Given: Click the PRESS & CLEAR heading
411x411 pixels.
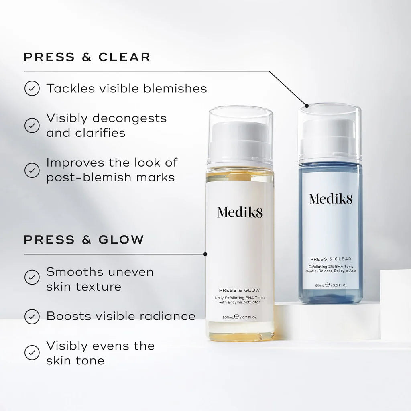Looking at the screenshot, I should click(87, 57).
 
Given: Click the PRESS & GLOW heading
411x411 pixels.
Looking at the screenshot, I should click(84, 240).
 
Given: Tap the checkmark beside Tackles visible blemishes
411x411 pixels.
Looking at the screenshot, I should click(32, 88).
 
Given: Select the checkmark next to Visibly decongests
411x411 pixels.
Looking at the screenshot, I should click(32, 125).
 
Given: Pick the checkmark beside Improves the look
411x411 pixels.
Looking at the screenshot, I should click(32, 170).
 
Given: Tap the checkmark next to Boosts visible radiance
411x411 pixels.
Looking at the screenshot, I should click(32, 316).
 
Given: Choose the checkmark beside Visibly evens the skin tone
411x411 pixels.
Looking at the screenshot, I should click(32, 352).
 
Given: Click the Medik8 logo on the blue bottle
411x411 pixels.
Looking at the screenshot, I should click(330, 198).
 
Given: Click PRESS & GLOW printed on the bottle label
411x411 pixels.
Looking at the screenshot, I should click(240, 290).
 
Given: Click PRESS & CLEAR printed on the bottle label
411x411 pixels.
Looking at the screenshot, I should click(330, 259).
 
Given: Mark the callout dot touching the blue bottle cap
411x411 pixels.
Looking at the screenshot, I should click(307, 106).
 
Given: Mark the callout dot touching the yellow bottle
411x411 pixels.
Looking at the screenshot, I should click(205, 254).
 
